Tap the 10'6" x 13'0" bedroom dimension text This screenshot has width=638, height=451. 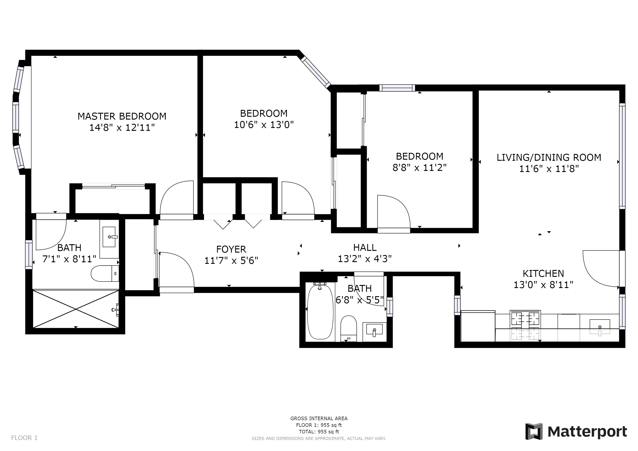tap(264, 125)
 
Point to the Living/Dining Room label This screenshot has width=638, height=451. tap(549, 157)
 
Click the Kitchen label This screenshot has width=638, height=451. tap(543, 274)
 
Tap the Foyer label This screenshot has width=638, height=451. tap(231, 249)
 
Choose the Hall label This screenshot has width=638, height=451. tap(365, 248)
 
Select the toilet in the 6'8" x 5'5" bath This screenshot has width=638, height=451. tap(349, 329)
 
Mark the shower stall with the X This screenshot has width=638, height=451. tap(76, 309)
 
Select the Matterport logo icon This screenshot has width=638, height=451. tap(534, 431)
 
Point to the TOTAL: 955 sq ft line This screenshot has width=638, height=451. tap(319, 432)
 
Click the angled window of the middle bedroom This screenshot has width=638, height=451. tap(316, 72)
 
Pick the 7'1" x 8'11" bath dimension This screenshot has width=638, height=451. tap(69, 259)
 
